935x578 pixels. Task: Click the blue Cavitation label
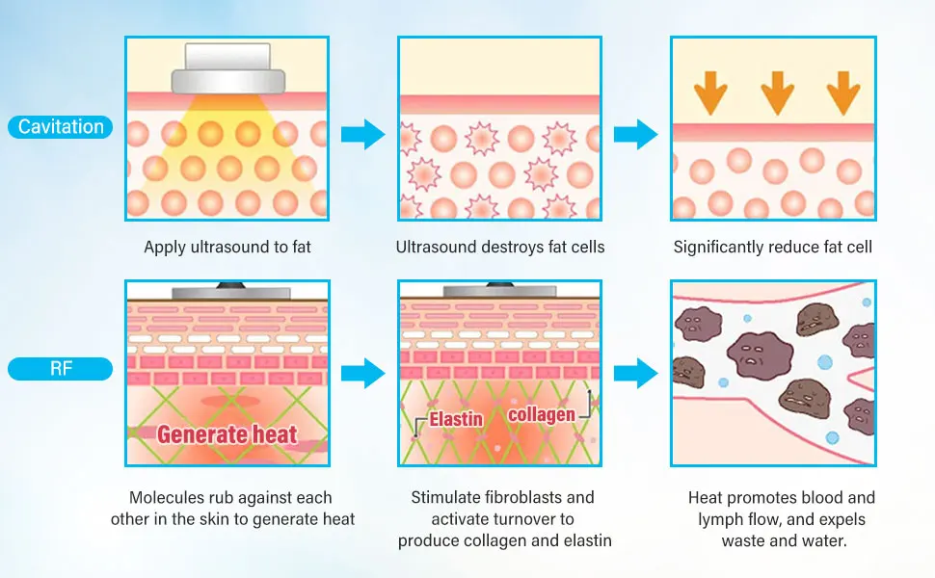pos(60,127)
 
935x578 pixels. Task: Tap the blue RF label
pos(60,368)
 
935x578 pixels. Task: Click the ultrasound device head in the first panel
pos(227,68)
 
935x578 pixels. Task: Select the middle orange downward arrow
pos(778,92)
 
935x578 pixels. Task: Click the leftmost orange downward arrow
pos(710,92)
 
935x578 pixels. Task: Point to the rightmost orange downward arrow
pos(843,92)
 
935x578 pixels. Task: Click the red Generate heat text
pos(227,434)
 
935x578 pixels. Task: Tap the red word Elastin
pos(456,419)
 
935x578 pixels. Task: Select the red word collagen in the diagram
pos(542,414)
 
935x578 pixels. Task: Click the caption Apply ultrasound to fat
pos(227,248)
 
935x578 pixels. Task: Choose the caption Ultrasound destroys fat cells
pos(500,248)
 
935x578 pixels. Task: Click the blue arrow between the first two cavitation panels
pos(363,134)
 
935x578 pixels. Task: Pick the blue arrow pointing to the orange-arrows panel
pos(635,134)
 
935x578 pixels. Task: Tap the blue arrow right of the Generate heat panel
pos(363,374)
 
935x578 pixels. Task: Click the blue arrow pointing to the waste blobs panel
pos(635,374)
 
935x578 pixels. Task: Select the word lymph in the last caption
pos(718,519)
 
